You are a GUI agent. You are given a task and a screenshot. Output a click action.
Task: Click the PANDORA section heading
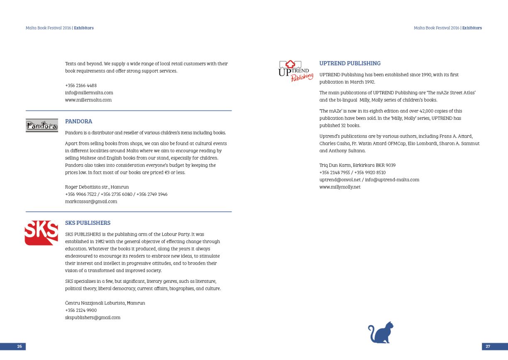(x=78, y=122)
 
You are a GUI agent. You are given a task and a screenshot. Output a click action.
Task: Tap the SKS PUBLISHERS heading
(x=88, y=223)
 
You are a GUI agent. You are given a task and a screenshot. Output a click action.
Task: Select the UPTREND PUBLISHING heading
(x=349, y=63)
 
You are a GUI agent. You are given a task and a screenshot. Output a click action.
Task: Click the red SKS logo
(x=41, y=233)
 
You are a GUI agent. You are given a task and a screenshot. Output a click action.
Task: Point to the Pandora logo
(x=42, y=126)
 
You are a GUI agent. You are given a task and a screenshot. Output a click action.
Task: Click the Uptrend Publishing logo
(x=295, y=71)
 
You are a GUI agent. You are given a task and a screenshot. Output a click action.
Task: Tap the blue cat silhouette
(x=381, y=333)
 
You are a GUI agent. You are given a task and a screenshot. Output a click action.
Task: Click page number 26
(x=19, y=346)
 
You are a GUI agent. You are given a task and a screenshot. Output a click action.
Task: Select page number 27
(x=488, y=346)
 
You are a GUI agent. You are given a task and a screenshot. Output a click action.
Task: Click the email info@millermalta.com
(x=89, y=93)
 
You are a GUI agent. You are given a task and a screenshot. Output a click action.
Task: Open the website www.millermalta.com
(x=88, y=100)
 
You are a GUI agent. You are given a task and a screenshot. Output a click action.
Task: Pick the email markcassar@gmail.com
(x=91, y=202)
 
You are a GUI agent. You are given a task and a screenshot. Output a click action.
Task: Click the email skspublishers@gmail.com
(x=93, y=318)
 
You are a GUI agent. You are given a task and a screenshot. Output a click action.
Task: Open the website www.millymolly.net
(x=340, y=187)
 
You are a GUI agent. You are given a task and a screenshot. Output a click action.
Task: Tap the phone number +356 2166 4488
(x=81, y=85)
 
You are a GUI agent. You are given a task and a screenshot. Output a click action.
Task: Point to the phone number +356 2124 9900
(x=81, y=310)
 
